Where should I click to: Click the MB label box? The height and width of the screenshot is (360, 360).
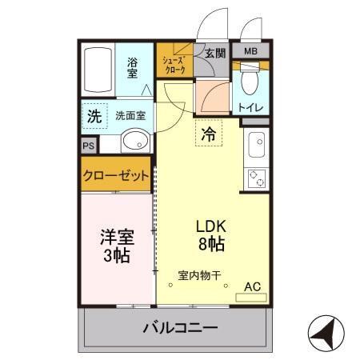(250, 52)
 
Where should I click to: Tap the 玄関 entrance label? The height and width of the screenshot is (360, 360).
(214, 54)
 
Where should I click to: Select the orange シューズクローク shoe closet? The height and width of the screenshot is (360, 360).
(174, 64)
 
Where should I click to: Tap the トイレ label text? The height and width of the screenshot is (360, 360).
(251, 107)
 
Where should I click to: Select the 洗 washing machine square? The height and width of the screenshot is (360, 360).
(94, 115)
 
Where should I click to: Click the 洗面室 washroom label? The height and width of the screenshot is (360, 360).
(130, 115)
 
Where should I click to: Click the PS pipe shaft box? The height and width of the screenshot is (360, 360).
(87, 146)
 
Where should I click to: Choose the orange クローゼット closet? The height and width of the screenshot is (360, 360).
(116, 176)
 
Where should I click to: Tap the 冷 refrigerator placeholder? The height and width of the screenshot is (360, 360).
(208, 134)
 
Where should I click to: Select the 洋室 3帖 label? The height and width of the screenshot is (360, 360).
(116, 246)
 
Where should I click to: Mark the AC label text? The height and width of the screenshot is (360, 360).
(252, 286)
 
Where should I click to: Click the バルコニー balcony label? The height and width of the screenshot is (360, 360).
(180, 327)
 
